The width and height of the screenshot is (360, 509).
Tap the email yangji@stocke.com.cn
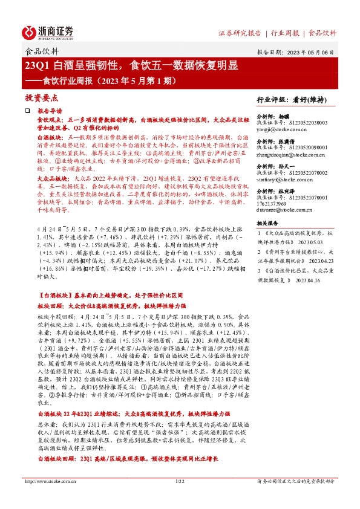click(281, 129)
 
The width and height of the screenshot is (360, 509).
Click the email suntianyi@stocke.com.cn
click(286, 179)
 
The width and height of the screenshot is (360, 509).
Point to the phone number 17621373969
click(275, 204)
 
